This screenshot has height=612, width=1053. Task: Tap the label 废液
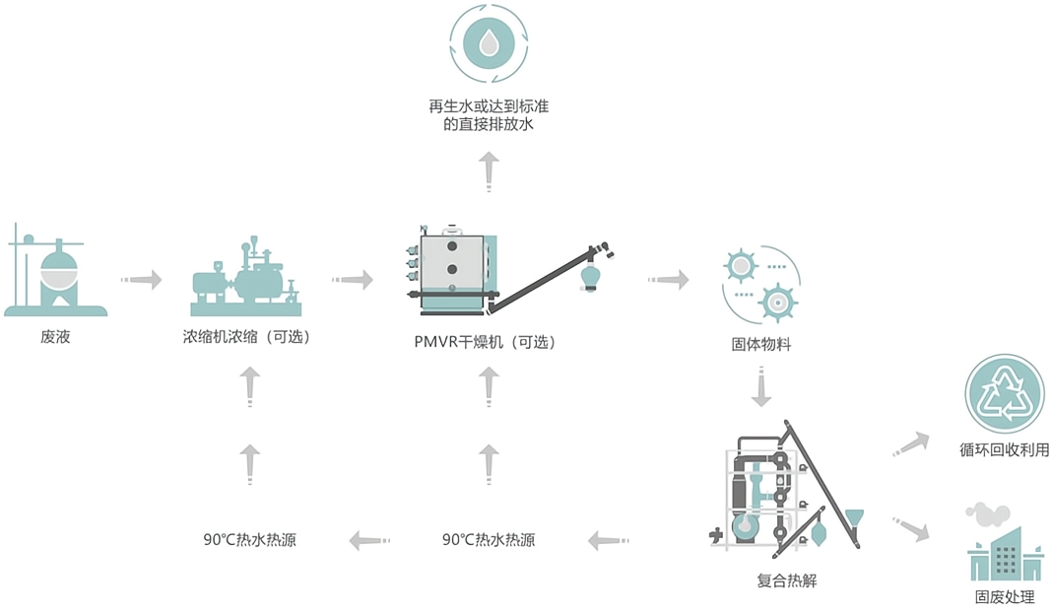click(x=55, y=337)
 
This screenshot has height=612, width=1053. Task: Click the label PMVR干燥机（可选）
click(x=486, y=343)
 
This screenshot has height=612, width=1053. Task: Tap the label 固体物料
click(x=761, y=344)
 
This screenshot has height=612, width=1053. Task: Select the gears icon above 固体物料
click(x=760, y=281)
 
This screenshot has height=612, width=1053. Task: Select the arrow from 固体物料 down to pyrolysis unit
click(x=760, y=387)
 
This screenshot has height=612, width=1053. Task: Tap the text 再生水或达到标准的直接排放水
click(x=489, y=115)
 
